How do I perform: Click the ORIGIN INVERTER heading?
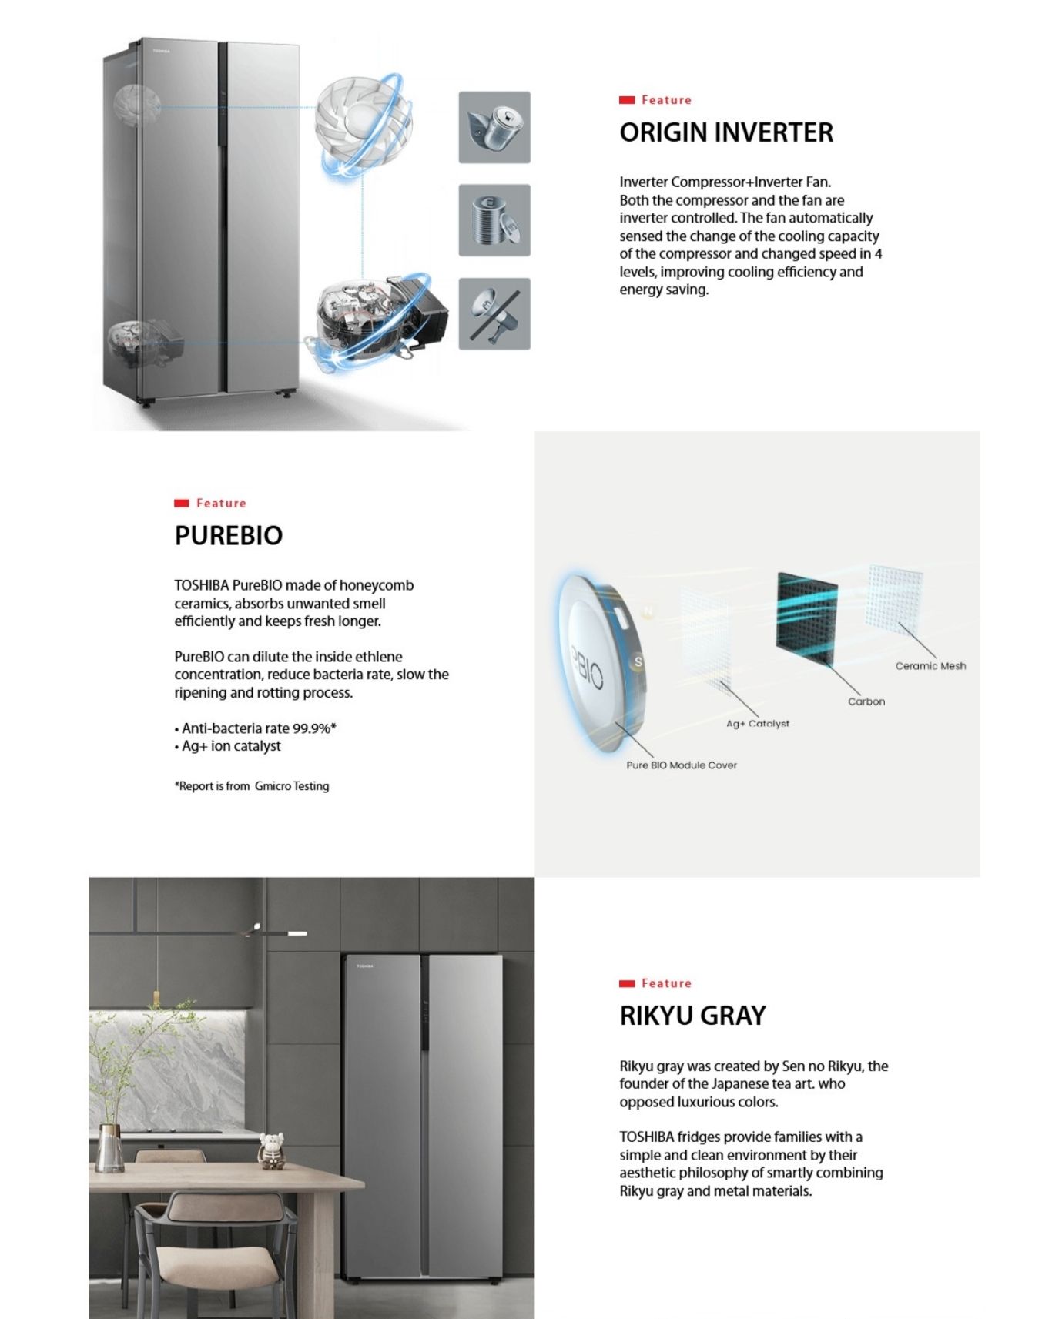pos(725,132)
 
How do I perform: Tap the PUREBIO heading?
pos(228,535)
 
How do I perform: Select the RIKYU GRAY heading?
pos(692,1016)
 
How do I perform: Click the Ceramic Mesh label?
pos(930,666)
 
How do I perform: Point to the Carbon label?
pos(866,701)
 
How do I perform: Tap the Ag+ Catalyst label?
pos(757,724)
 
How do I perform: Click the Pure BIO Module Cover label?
pos(681,765)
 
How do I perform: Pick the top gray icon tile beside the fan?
pos(494,127)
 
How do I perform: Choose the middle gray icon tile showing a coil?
pos(494,220)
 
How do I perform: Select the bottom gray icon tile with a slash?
pos(494,314)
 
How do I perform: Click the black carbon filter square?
pos(806,618)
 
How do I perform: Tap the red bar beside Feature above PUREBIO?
pos(182,504)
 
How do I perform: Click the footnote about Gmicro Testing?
pos(251,786)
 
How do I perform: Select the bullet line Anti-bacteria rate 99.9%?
pos(256,728)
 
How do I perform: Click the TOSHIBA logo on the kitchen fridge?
pos(364,966)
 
